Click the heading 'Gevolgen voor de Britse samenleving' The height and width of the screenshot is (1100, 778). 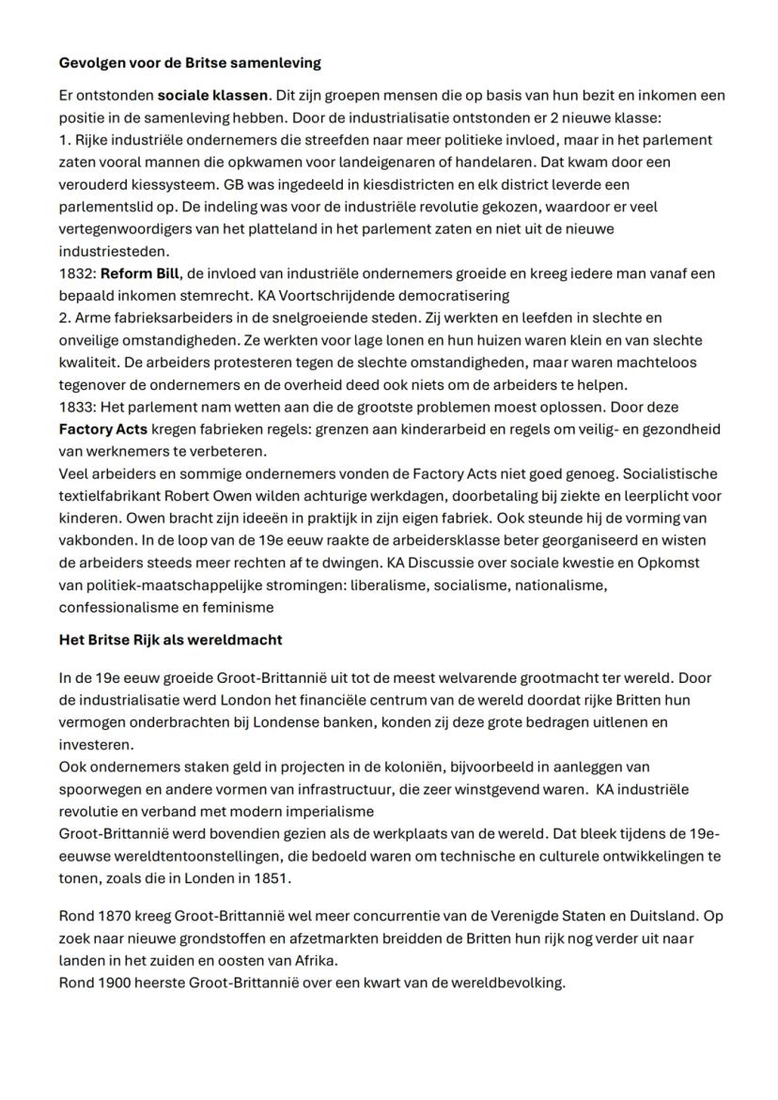[190, 63]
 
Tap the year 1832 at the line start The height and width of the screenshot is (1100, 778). [76, 273]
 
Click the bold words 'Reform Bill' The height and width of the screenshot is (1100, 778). [140, 273]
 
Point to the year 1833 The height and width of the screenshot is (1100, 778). [76, 407]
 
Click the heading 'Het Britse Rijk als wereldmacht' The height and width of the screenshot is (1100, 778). [170, 640]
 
